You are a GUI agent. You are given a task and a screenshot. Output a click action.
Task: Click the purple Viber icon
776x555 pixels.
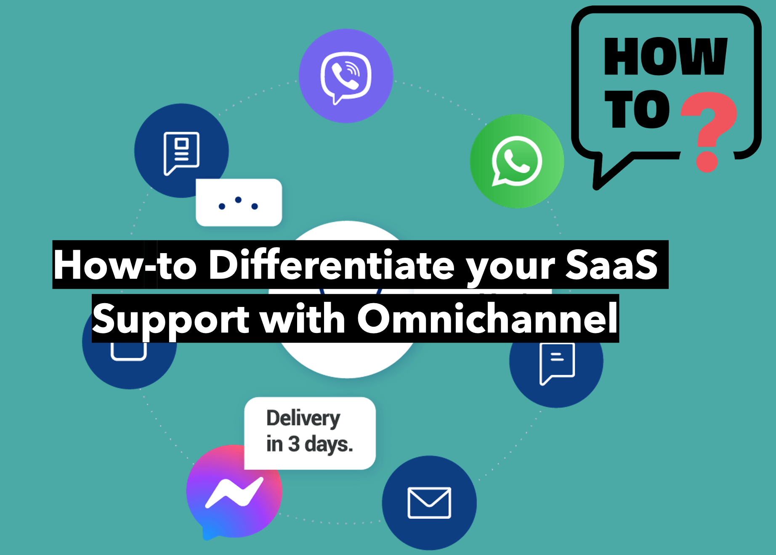tap(346, 76)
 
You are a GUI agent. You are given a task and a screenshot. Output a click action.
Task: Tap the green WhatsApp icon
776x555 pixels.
tap(517, 161)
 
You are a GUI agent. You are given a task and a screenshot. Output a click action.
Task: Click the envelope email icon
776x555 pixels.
tap(429, 503)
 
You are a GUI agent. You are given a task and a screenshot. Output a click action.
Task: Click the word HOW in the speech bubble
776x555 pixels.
tap(665, 56)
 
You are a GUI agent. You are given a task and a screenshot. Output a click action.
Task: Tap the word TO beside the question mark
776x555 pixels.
tap(637, 109)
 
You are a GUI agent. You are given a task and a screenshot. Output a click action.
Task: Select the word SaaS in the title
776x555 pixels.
tap(611, 264)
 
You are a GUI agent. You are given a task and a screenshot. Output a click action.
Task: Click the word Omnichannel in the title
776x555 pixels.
tap(487, 318)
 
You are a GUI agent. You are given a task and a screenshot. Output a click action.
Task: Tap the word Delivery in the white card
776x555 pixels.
tap(303, 418)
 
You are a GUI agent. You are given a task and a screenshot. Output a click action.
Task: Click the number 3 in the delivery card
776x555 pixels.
tap(294, 444)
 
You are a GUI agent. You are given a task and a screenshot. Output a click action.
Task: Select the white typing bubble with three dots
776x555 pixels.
tap(239, 203)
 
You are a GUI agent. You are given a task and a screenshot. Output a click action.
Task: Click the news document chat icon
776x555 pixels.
tap(181, 153)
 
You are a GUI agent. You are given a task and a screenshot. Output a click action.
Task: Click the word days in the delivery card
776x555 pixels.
tap(329, 445)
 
